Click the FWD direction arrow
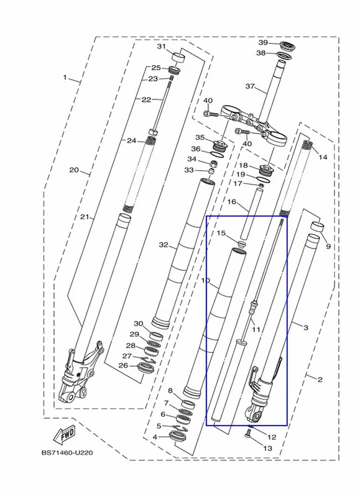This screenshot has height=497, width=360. pos(66,434)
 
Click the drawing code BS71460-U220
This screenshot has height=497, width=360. pos(67,453)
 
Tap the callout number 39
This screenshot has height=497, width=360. pos(263,42)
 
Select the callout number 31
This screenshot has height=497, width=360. pos(162,46)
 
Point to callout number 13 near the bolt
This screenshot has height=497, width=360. pos(268,448)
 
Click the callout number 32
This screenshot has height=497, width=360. pos(164,245)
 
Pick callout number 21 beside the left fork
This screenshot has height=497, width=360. pos(85,217)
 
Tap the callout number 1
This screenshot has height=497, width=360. pos(65,77)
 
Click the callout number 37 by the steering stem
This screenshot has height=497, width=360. pos(250,86)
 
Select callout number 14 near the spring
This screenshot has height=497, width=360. pos(323,157)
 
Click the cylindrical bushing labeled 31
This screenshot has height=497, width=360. pos(178,58)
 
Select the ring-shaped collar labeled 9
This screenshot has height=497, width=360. pos(318,227)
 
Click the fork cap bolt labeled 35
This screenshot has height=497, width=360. pos(219,145)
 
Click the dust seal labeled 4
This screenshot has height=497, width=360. pos(180,437)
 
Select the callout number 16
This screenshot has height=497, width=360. pos(232,201)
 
